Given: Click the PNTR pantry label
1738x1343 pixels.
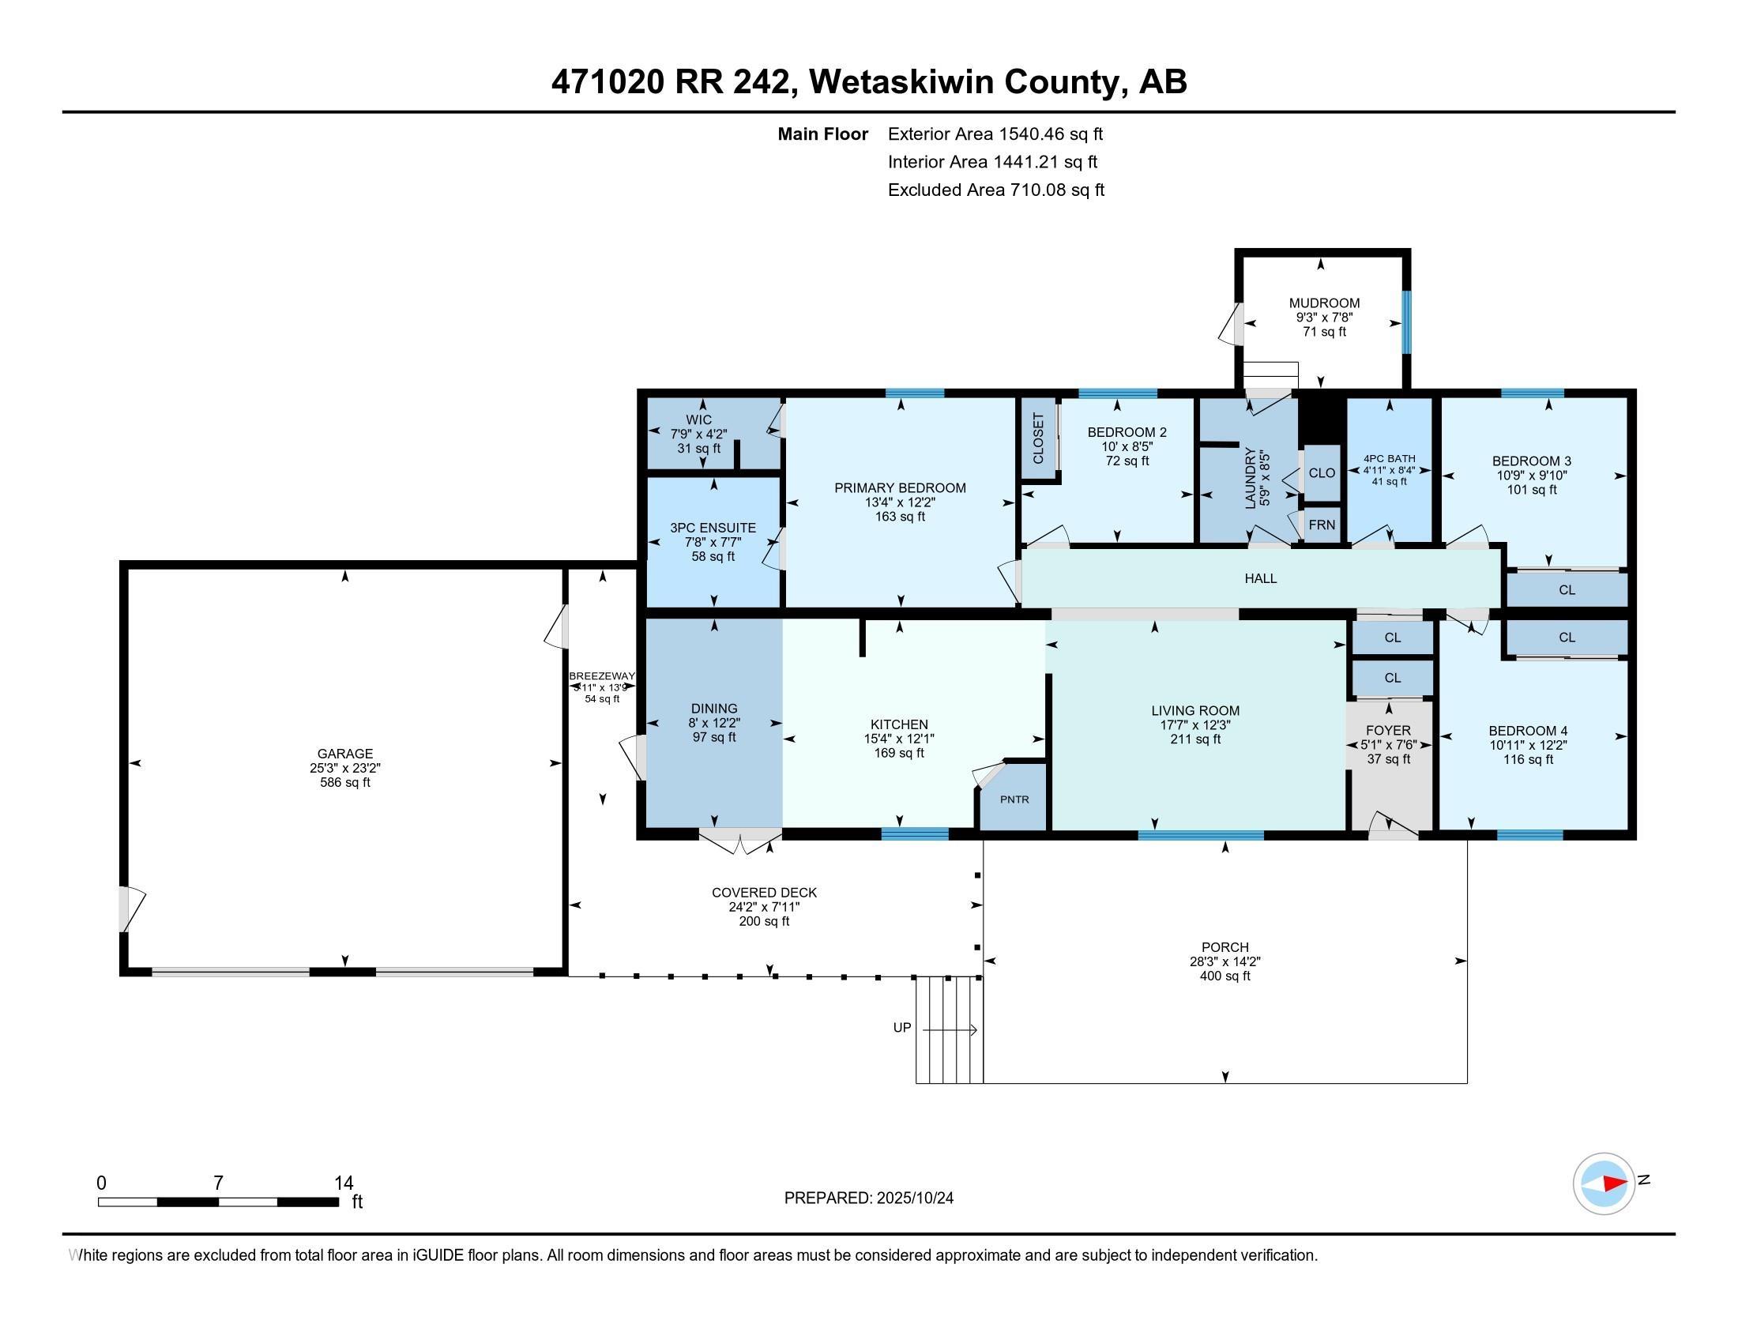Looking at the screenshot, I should tap(1014, 799).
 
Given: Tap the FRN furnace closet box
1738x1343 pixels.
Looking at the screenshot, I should tap(1322, 525).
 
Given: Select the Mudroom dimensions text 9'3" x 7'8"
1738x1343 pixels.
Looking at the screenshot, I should tap(1324, 318).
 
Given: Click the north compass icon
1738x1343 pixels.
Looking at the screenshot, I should tap(1604, 1183).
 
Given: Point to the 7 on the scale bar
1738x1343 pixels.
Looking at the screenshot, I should tap(218, 1183).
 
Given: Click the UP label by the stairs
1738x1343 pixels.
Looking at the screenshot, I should tap(901, 1028).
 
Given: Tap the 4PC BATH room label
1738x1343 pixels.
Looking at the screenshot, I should tap(1390, 459).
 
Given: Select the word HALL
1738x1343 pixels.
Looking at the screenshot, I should tap(1261, 578).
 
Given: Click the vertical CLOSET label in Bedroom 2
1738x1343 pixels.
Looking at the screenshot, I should tap(1038, 438).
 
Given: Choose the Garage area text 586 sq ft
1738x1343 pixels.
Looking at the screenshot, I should tap(344, 782).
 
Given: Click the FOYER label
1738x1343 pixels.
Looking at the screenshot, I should tap(1388, 731).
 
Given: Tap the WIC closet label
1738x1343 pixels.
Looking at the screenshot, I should tap(698, 419).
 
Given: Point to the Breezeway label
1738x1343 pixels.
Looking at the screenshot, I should tap(603, 676).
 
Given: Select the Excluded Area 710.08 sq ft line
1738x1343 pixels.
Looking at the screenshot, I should tap(995, 190).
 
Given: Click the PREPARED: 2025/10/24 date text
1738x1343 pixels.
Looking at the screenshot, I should tap(868, 1198).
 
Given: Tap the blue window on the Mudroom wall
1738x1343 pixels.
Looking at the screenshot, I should tap(1406, 322).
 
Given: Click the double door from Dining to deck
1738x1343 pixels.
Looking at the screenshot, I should tap(740, 838).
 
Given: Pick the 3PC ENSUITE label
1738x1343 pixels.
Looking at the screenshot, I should tap(713, 528).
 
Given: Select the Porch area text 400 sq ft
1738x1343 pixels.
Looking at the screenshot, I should tap(1224, 976).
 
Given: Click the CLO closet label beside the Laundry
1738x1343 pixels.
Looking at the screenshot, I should tap(1322, 472).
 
